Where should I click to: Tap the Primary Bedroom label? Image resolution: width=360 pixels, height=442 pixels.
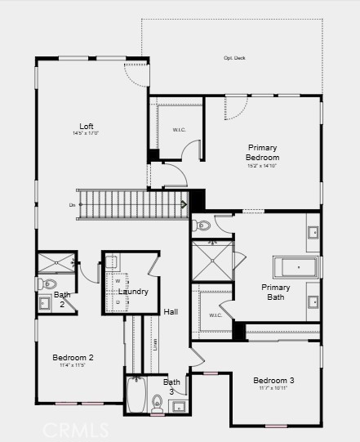[x=263, y=153]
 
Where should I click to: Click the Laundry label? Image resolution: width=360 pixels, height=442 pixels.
[x=133, y=292]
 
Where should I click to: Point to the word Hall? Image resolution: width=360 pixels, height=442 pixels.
[x=171, y=311]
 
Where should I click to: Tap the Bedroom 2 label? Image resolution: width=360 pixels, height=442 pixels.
[x=73, y=358]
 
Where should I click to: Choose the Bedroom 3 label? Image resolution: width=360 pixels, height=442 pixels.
[x=273, y=381]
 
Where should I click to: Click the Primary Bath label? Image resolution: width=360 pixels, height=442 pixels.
[x=275, y=292]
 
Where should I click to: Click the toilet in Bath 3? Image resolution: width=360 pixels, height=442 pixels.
[x=157, y=402]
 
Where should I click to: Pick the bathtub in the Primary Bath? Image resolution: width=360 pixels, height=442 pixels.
[x=296, y=267]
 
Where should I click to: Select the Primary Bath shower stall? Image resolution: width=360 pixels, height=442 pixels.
[x=211, y=260]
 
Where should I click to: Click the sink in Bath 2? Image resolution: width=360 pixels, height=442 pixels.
[x=44, y=304]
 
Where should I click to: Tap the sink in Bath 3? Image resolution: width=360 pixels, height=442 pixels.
[x=180, y=405]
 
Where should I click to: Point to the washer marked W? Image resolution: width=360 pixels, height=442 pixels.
[x=118, y=282]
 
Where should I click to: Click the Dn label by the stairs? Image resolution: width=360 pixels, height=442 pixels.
[x=73, y=204]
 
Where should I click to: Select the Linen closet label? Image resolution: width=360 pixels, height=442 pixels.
[x=155, y=344]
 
